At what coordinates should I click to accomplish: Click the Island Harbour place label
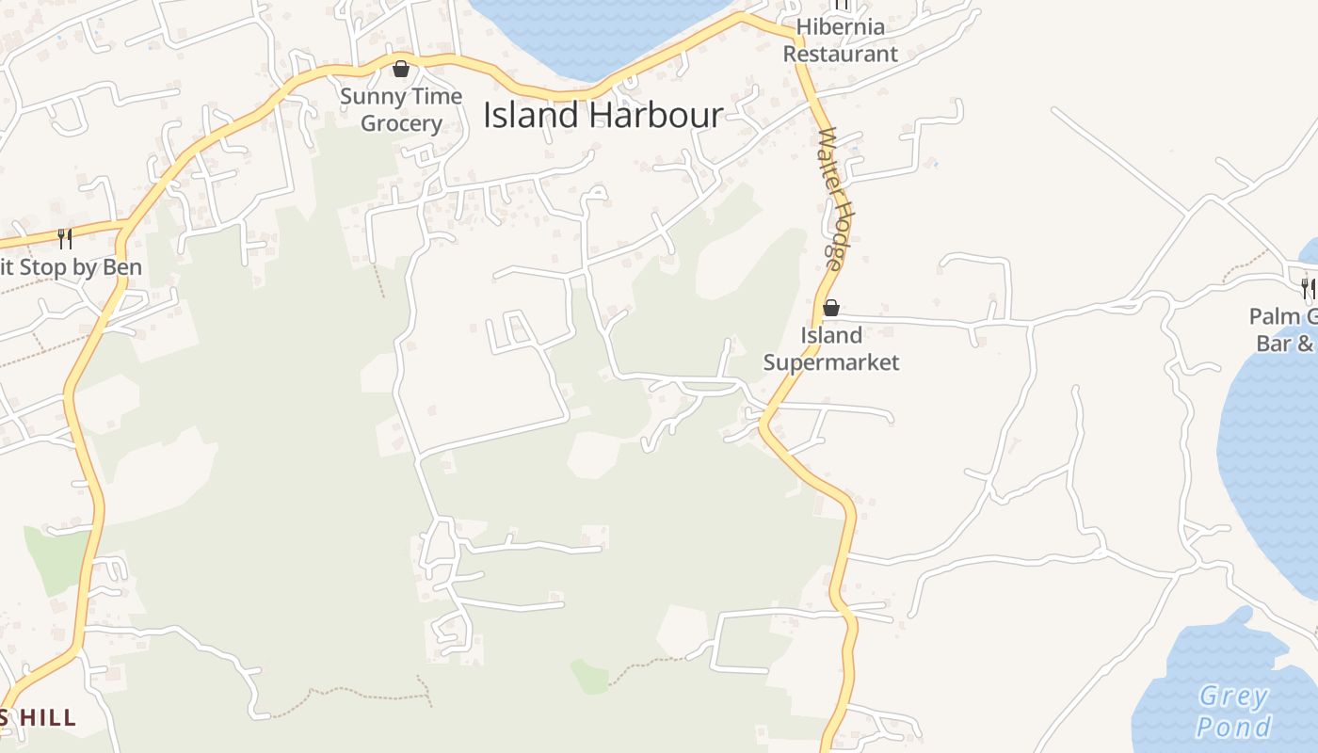point(603,115)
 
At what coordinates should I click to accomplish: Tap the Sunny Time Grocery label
point(401,109)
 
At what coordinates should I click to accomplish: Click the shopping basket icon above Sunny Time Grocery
point(401,69)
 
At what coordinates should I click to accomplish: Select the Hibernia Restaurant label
point(841,40)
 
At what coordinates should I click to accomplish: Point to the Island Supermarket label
point(831,348)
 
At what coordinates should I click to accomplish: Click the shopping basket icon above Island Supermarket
point(831,308)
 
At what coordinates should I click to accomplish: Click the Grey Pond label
point(1233,712)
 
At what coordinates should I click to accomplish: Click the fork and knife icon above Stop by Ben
point(65,238)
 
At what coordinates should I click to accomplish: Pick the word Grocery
point(401,123)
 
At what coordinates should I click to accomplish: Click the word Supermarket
point(831,362)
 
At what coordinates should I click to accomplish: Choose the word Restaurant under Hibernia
point(841,54)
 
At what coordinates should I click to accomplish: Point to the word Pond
point(1233,727)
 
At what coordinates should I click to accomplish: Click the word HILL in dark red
point(47,718)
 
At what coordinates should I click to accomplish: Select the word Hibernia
point(841,26)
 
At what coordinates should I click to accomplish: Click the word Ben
point(121,267)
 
